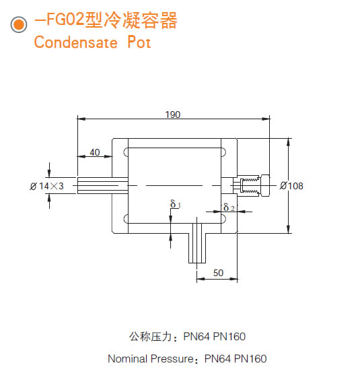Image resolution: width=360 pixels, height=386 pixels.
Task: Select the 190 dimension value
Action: point(173,115)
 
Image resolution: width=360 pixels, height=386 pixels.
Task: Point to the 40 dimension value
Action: point(95,152)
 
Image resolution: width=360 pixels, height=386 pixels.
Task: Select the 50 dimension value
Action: point(217,273)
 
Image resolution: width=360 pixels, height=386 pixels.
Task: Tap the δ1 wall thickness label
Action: point(175,203)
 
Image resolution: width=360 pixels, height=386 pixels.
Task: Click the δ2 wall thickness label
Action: point(229,207)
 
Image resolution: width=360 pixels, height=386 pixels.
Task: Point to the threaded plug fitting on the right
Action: point(251,185)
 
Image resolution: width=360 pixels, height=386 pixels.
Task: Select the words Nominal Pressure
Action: point(151,358)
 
